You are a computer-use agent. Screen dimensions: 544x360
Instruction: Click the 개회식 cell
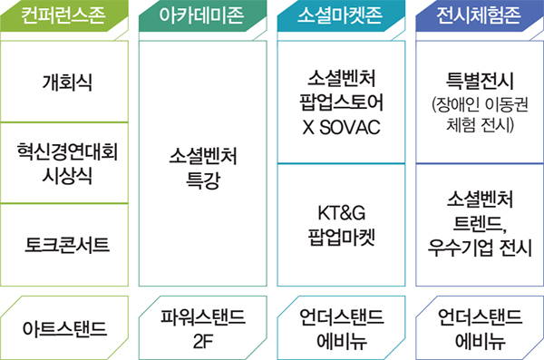tap(67, 83)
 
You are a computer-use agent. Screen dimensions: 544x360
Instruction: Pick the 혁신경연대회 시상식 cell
tap(67, 163)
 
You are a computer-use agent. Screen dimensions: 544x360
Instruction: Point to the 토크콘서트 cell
tap(67, 243)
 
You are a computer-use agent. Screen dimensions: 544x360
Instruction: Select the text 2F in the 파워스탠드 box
tap(203, 341)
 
